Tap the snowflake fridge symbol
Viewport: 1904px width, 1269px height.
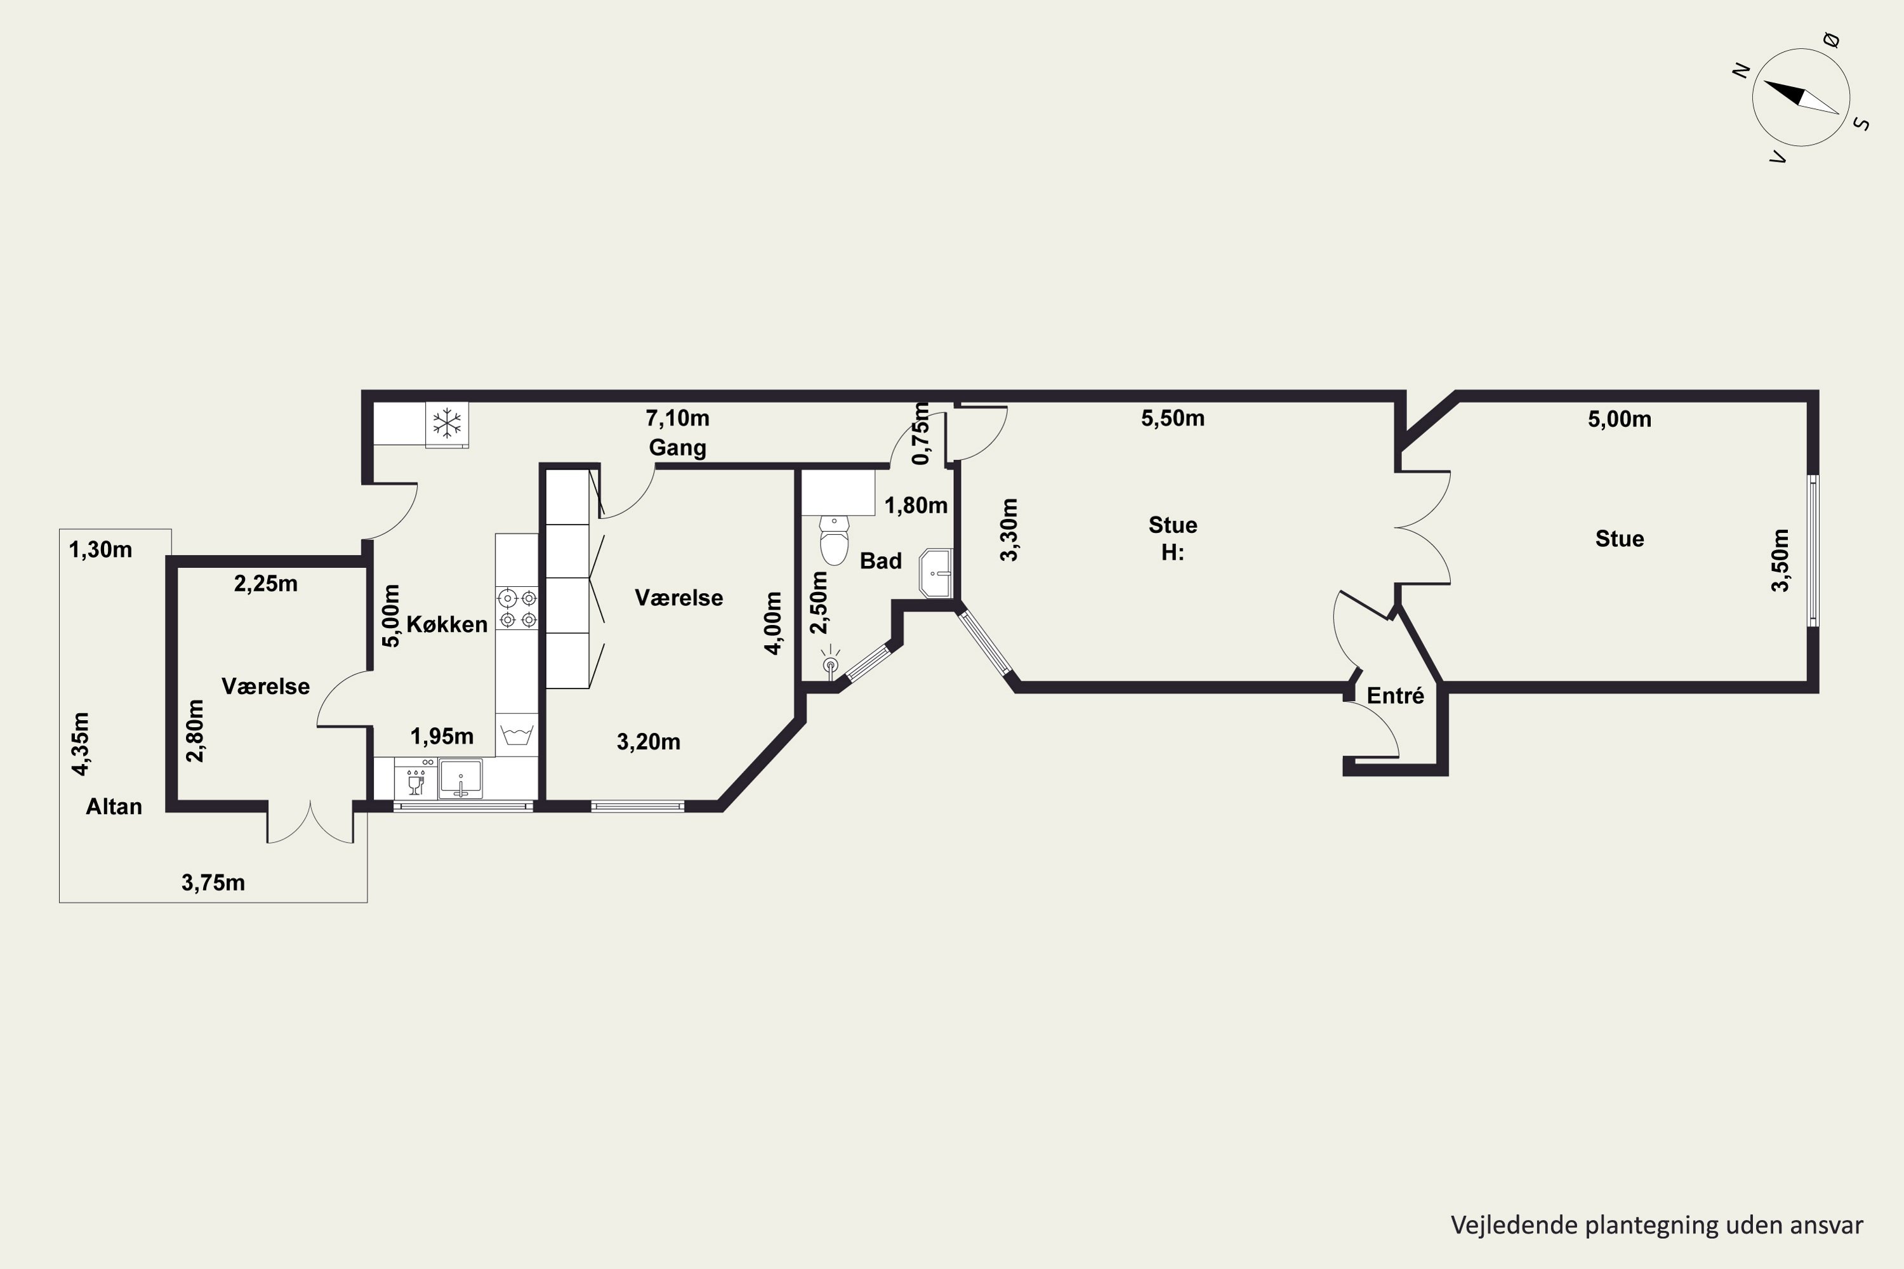pos(447,424)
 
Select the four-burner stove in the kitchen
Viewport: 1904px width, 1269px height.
pos(517,608)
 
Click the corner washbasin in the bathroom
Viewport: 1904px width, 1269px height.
pos(937,573)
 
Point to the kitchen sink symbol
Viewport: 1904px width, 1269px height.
pos(459,779)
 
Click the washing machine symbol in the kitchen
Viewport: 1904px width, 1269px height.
pos(517,735)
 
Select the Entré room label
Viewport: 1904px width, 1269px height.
pos(1396,696)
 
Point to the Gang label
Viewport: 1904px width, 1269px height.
pos(678,447)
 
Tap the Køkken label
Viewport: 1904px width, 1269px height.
pos(447,624)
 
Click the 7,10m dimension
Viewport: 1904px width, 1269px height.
pos(678,418)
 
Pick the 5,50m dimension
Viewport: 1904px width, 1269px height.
pos(1173,418)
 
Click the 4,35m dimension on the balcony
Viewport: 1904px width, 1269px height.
pos(80,744)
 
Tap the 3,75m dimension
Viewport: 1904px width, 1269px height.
pos(213,883)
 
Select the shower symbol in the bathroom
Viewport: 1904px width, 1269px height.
pos(830,664)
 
